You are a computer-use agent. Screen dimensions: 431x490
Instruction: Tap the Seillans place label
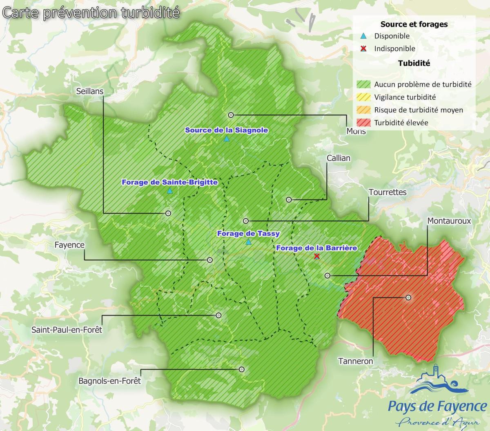(90, 91)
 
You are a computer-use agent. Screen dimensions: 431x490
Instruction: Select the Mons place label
(356, 132)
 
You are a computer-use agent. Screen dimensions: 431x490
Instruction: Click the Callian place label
(338, 158)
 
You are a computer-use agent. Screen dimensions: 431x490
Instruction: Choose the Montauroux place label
(449, 221)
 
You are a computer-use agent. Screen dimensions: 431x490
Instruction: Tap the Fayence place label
(69, 245)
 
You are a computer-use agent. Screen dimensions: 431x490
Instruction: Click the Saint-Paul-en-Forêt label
(67, 329)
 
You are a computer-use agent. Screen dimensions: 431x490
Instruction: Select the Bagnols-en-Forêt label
(109, 381)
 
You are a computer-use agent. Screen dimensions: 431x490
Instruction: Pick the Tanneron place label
(356, 361)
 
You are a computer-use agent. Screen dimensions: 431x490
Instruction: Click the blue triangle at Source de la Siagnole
(227, 139)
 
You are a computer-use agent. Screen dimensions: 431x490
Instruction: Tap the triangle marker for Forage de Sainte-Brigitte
(170, 191)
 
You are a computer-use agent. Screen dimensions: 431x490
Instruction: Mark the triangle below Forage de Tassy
(248, 242)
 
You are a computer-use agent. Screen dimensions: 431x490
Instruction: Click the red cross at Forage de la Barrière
(316, 256)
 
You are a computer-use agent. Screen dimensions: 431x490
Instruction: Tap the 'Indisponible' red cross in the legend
(363, 49)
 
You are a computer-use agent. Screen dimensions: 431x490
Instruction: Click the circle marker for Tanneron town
(408, 298)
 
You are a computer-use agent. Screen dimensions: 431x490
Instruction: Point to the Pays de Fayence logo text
(437, 406)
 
